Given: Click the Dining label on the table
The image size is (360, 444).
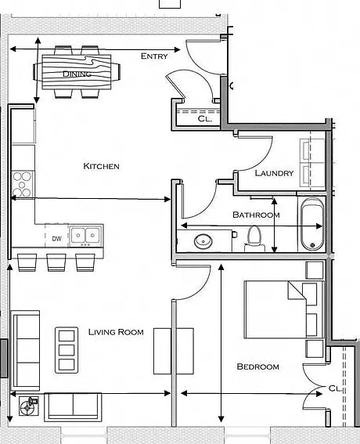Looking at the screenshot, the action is pos(77,74).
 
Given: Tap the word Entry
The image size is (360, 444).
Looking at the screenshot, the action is pos(154,56).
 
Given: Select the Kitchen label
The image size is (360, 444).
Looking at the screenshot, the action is pos(101,166).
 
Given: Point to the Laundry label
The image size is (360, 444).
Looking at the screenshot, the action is pos(274,173).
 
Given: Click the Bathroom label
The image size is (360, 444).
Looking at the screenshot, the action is pos(256,215).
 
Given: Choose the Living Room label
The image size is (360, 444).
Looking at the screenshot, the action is pos(116,332).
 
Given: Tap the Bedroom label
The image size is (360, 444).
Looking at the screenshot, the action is pos(257,366).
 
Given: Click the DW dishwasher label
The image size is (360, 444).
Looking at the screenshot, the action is pos(56,239).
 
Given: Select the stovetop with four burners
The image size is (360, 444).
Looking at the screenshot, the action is pos(22,184).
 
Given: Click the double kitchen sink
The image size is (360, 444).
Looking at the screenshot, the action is pos(86,235).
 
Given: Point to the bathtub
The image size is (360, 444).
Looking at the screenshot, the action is pos(312,224).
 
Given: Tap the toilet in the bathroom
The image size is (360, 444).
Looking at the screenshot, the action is pos(254,239).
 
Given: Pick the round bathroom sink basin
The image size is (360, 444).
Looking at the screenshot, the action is pos(203,241).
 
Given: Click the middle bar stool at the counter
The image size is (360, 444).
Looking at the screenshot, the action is pos(56,262).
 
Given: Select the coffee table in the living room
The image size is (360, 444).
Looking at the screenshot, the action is pos(67,350).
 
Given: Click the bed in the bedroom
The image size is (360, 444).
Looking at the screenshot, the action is pos(283,309).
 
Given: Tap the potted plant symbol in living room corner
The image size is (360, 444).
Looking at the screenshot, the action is pos(29,406).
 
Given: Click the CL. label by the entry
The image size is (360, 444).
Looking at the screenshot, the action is pos(204,119).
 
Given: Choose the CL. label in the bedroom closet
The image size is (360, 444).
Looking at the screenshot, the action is pos(335,388).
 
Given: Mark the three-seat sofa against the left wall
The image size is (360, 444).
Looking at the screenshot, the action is pos(25,351).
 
